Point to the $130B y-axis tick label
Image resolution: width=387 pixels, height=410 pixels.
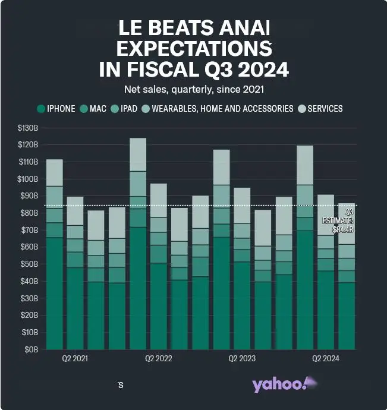point(29,128)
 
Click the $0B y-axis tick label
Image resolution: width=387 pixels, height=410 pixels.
point(32,349)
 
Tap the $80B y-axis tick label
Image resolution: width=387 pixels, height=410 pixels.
point(30,213)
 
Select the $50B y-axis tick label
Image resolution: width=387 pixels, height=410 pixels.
point(30,264)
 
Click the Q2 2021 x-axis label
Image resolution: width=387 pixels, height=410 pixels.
point(75,359)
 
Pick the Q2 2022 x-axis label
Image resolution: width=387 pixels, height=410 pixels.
point(158,359)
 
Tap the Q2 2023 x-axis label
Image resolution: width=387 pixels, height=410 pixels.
point(242,359)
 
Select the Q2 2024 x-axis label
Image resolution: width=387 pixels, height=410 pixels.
point(325,359)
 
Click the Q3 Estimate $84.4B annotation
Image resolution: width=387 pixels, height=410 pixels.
point(341,220)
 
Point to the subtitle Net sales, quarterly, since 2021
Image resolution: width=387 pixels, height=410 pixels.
point(194,90)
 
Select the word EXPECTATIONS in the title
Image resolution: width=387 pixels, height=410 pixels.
point(194,48)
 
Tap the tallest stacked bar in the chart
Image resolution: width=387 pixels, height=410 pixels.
point(138,244)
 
